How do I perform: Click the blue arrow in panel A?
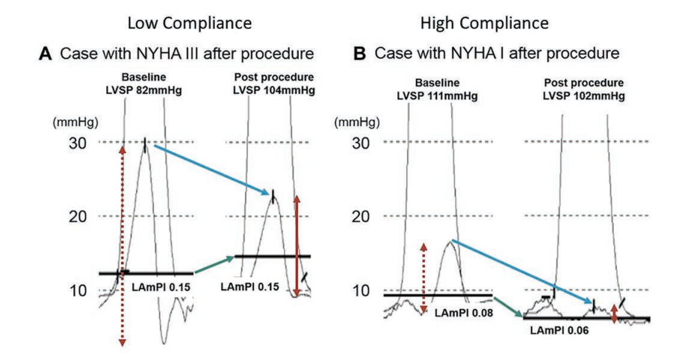(x=208, y=170)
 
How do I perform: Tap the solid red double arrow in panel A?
(x=297, y=246)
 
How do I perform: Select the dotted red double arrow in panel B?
(x=424, y=277)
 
